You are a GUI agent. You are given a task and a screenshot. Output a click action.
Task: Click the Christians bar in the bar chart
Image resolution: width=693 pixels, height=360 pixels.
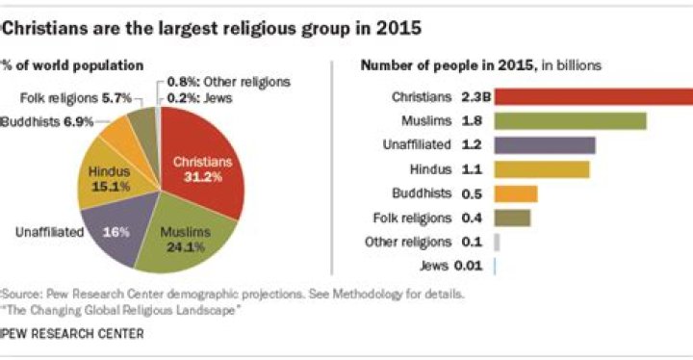(x=592, y=96)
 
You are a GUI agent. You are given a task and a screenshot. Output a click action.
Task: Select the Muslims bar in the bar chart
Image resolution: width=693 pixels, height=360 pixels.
(x=569, y=120)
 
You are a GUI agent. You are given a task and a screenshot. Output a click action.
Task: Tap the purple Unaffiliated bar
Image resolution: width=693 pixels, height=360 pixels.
(x=544, y=145)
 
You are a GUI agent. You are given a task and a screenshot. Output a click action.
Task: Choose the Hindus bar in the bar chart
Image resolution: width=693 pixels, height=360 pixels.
(x=541, y=169)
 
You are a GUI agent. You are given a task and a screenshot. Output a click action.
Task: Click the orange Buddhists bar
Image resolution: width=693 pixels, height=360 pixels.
(x=515, y=193)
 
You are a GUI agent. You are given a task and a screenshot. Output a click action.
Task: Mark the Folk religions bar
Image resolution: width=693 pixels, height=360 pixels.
(x=511, y=218)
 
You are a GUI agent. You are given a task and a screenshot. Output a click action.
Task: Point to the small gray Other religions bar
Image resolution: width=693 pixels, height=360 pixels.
(x=496, y=242)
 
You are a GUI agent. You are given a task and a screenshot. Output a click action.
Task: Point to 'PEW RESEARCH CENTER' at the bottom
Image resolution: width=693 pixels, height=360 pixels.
(x=72, y=333)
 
